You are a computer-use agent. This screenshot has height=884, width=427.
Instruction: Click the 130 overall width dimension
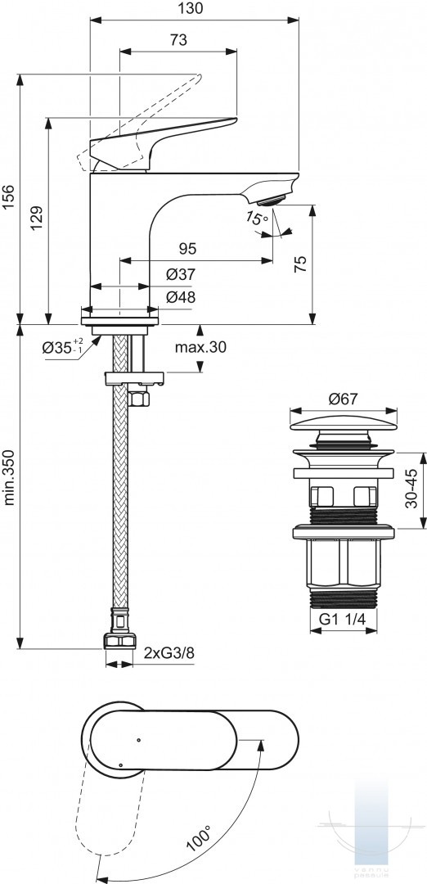click(193, 8)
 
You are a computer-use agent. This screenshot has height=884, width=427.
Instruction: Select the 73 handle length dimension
click(178, 40)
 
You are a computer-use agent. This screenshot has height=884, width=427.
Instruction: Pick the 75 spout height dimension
click(301, 264)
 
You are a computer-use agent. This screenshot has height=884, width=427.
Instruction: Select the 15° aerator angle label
click(257, 217)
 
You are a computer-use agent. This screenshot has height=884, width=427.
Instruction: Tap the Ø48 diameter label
click(181, 297)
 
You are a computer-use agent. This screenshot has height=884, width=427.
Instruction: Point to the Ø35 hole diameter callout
click(62, 347)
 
